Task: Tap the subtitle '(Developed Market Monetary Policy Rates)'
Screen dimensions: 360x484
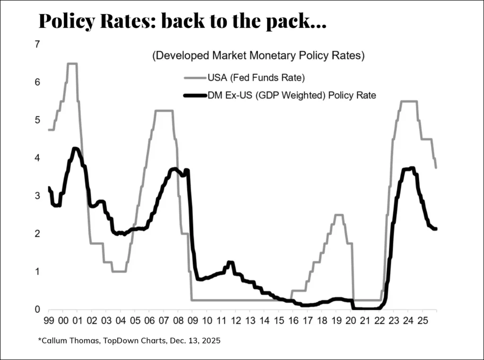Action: point(259,56)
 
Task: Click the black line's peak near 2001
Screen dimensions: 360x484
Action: point(75,149)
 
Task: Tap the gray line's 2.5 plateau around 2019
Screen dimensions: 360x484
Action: point(338,215)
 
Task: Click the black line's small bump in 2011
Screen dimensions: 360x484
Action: point(230,262)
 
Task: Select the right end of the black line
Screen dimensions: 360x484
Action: point(435,229)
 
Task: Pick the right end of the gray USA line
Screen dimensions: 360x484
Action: point(435,167)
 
